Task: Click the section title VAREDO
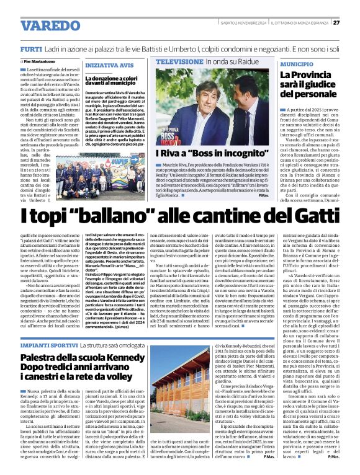point(51,25)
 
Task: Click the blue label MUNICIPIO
point(297,64)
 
